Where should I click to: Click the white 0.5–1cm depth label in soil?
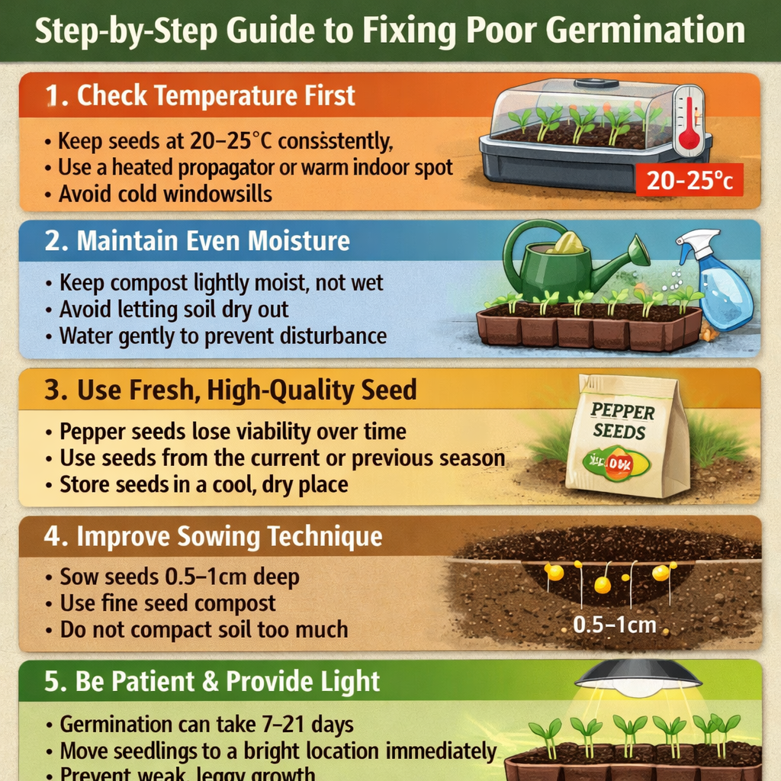click(614, 625)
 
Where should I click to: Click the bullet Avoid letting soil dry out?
click(174, 310)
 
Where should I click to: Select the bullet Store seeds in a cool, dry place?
click(204, 484)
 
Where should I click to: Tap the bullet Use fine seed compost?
click(168, 604)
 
